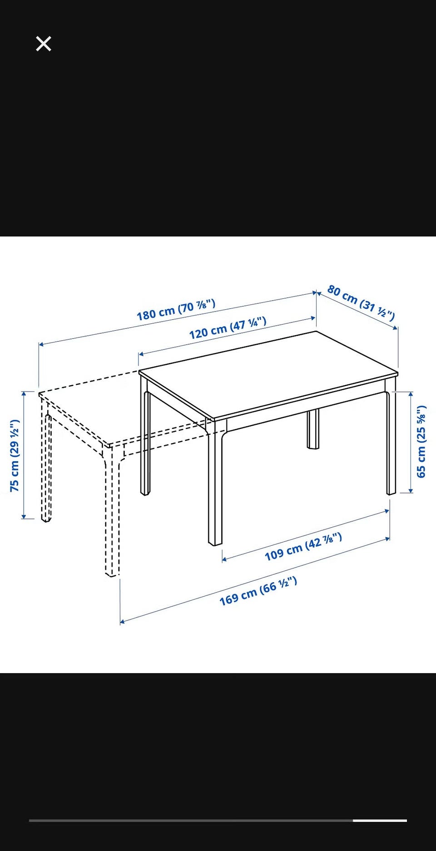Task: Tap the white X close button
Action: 44,44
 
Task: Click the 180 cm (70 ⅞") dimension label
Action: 176,309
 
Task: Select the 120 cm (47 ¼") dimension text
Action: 228,328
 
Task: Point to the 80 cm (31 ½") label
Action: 361,302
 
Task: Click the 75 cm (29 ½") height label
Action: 15,455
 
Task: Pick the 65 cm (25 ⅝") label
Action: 421,441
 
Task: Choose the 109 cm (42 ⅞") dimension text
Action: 303,547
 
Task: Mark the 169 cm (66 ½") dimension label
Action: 258,591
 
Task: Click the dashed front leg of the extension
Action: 112,512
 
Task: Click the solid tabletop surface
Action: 268,374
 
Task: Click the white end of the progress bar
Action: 380,821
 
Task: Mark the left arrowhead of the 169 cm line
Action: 123,621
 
